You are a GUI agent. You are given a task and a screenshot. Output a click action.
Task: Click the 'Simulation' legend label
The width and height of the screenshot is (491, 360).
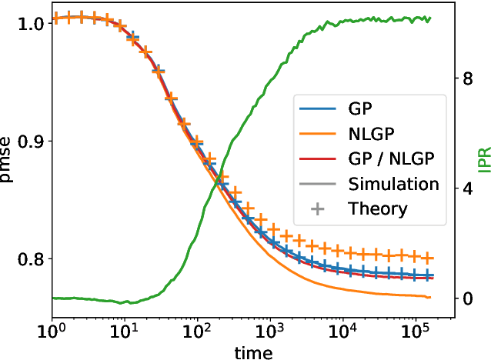point(393,185)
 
